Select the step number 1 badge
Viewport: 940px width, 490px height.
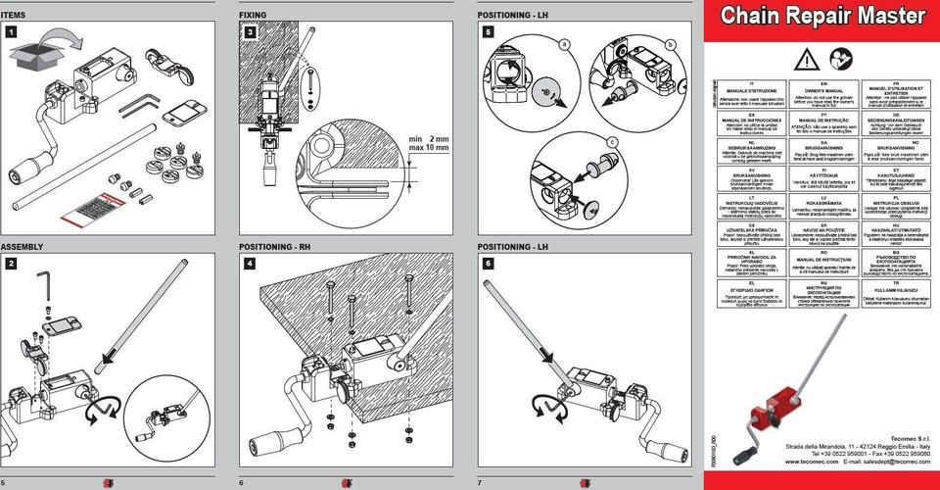point(10,32)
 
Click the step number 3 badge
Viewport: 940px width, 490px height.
point(250,32)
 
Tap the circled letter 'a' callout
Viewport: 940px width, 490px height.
point(564,44)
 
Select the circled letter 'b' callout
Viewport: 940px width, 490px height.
point(670,45)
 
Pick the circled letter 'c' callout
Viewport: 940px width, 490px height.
point(612,141)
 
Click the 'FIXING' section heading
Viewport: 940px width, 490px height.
point(253,16)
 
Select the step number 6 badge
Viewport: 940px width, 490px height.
point(488,264)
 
